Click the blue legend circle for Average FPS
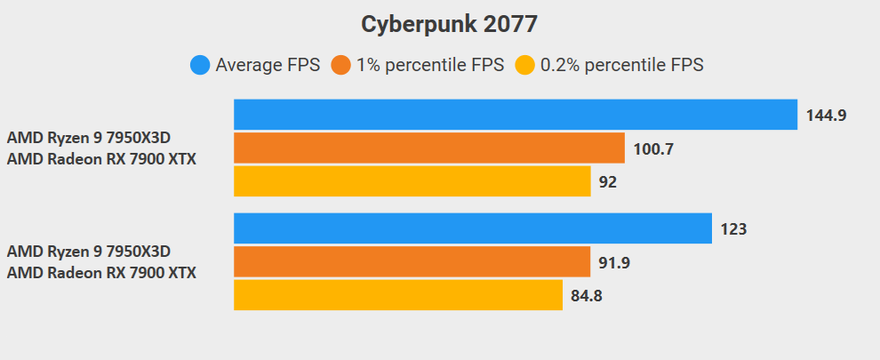(200, 65)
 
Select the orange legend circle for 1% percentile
(340, 65)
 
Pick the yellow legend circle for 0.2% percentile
(525, 65)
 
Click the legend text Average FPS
(267, 65)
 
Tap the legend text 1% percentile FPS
(429, 65)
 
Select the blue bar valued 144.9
(515, 115)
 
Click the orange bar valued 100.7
(429, 148)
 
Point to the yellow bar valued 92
(412, 181)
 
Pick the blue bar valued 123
(472, 228)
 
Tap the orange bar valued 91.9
(412, 261)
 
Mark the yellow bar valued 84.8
(397, 295)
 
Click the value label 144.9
(826, 116)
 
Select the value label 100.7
(653, 149)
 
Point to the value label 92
(608, 182)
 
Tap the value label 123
(733, 229)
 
